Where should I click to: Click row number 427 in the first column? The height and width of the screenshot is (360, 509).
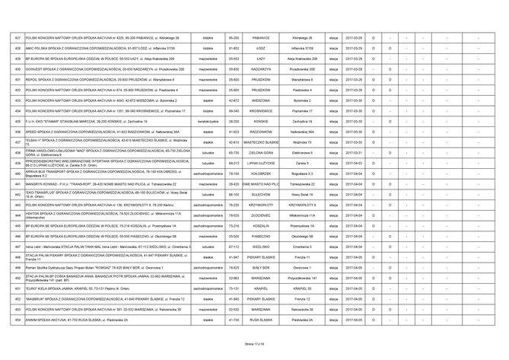tap(18, 37)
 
